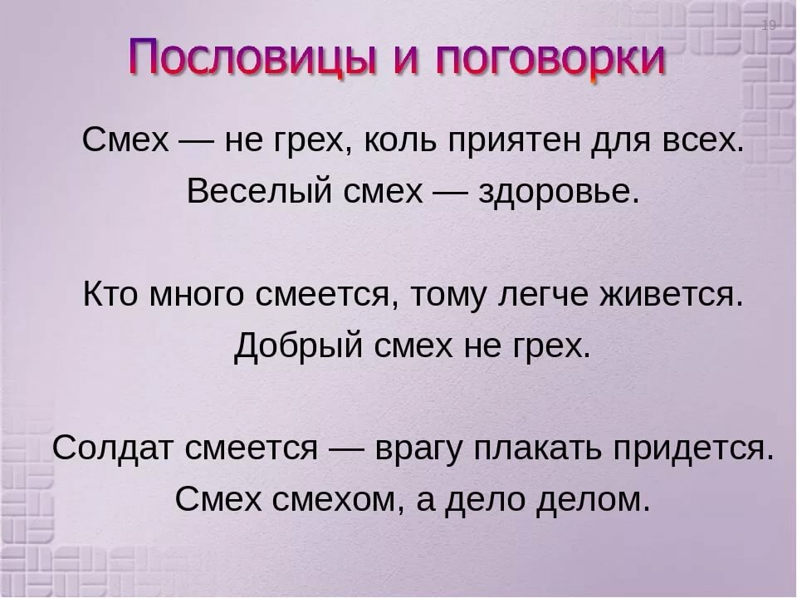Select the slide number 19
coord(769,25)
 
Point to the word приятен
coord(515,141)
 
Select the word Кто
coord(110,294)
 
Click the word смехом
coord(334,500)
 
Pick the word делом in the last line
coord(594,501)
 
